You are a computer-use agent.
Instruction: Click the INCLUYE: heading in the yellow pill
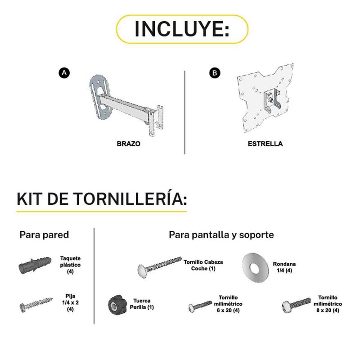[x=182, y=29]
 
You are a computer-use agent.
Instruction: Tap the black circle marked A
[x=64, y=73]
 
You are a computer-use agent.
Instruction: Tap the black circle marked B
[x=215, y=73]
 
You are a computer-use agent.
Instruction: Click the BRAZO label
[x=129, y=144]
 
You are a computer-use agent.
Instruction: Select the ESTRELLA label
[x=265, y=144]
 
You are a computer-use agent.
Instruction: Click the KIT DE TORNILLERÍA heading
[x=102, y=198]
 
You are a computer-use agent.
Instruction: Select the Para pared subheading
[x=44, y=234]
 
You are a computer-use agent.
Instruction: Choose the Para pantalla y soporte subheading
[x=221, y=234]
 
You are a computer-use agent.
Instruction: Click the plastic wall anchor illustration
[x=35, y=265]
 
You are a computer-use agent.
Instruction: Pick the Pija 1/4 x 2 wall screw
[x=36, y=305]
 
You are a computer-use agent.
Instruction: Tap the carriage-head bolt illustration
[x=160, y=267]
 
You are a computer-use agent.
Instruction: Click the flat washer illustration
[x=255, y=267]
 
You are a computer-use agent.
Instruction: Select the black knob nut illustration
[x=117, y=305]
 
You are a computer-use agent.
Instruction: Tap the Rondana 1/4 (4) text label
[x=284, y=267]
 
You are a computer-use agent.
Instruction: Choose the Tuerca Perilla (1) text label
[x=142, y=304]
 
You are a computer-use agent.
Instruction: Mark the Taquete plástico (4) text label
[x=70, y=265]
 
